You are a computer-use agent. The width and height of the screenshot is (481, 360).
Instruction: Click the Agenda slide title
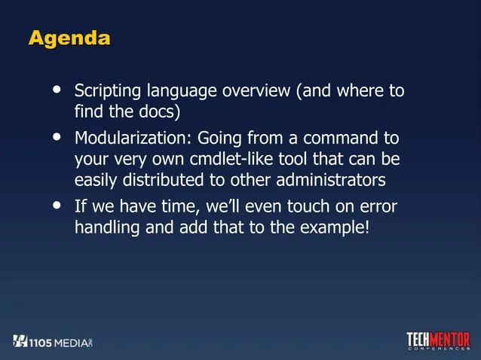(69, 38)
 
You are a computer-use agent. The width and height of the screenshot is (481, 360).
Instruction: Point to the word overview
(256, 93)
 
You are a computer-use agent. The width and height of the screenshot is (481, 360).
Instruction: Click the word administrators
(331, 182)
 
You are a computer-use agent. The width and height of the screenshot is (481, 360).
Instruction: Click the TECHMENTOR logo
(438, 340)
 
